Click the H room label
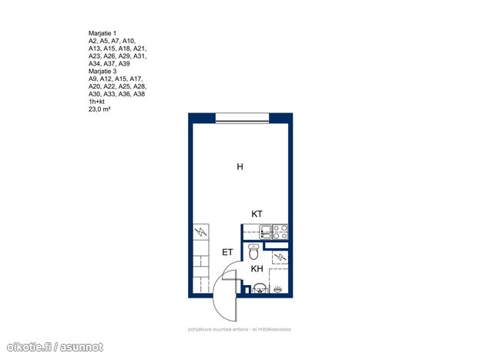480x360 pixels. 240,167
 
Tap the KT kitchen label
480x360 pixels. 257,214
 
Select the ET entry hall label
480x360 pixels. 227,252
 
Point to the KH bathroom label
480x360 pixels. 257,269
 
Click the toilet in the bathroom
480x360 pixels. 253,251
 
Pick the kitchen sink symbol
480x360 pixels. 265,231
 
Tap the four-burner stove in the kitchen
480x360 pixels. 280,231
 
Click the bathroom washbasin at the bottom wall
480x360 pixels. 260,288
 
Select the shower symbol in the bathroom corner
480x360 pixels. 277,288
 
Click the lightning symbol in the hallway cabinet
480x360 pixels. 201,231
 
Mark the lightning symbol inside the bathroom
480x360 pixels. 280,257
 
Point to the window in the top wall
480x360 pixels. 242,118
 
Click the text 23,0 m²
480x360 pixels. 99,109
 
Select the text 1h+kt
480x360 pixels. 96,102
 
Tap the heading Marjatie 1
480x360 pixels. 102,33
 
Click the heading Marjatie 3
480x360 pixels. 102,71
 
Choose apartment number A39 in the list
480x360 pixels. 124,63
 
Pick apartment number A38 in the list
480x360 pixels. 139,94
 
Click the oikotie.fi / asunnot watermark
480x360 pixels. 55,347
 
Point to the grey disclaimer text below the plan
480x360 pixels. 240,329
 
